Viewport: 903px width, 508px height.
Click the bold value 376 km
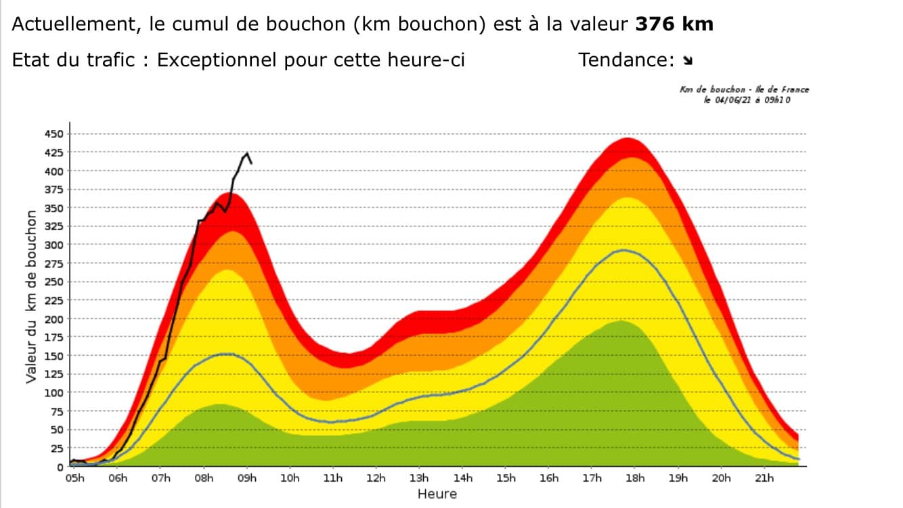674,25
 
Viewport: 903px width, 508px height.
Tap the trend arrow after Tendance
688,61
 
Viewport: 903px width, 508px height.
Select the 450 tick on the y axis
53,134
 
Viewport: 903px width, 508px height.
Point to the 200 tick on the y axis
53,319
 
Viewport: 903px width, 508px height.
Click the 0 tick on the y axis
60,467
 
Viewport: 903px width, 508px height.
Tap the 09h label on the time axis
247,479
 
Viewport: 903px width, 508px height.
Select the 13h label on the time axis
420,479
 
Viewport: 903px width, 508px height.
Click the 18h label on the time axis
636,479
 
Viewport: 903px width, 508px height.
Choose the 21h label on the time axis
765,479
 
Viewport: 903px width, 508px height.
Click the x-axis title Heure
437,494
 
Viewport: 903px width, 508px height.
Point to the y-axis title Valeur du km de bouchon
31,297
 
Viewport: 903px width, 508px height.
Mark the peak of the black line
247,154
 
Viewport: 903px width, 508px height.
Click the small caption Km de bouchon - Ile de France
744,89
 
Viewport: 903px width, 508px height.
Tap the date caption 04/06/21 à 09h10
747,100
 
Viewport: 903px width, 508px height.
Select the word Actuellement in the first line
67,25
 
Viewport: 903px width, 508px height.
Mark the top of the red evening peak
627,139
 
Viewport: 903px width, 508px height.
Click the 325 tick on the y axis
53,226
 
